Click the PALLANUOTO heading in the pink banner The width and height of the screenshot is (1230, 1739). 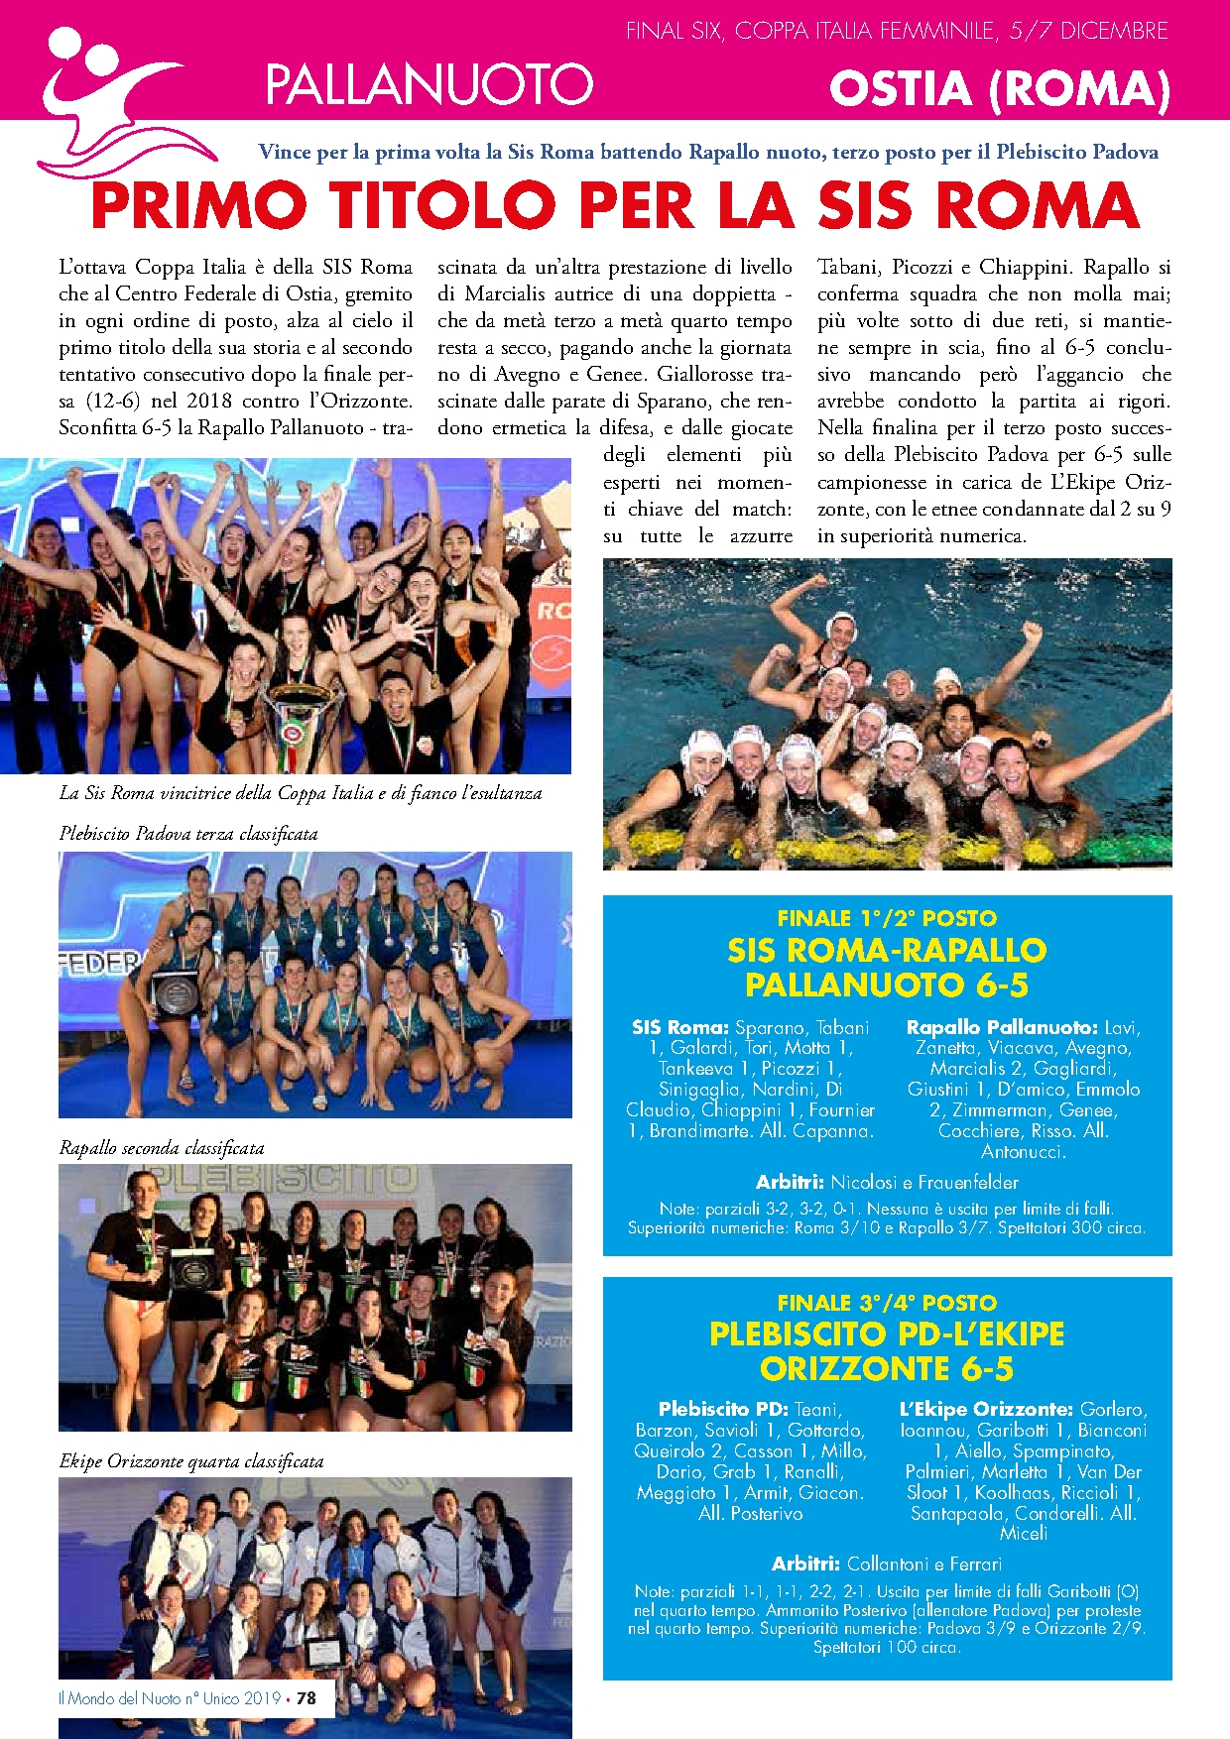point(429,84)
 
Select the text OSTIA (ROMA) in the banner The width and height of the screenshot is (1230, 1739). point(1000,88)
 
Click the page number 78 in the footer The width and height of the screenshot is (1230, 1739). point(307,1697)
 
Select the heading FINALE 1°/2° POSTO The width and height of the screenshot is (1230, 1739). point(887,918)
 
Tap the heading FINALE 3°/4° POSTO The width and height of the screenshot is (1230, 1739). point(887,1303)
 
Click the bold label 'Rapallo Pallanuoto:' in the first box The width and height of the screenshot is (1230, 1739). point(1002,1027)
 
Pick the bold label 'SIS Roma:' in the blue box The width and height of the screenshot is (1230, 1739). point(680,1027)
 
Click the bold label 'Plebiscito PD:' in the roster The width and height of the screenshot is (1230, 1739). point(722,1409)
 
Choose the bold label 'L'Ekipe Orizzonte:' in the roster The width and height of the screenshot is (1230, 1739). point(986,1409)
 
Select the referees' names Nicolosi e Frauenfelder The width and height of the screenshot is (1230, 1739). point(924,1182)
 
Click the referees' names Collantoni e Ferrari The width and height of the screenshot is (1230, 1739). point(924,1564)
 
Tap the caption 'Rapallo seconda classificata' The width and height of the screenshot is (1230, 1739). point(162,1148)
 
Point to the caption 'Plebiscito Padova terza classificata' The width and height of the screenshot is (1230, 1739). point(188,834)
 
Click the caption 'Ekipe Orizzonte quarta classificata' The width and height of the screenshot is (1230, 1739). point(191,1461)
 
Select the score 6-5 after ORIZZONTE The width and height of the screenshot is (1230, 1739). point(987,1369)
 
